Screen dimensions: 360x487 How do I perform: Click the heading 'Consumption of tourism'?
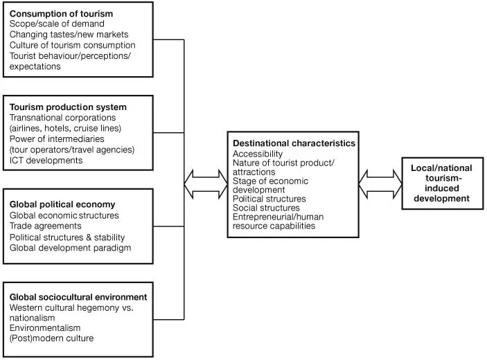tap(60, 13)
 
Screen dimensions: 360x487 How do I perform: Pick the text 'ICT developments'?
tap(46, 160)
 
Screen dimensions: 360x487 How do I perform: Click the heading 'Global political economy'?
tap(62, 205)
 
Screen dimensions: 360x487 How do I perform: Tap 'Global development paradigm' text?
tap(70, 248)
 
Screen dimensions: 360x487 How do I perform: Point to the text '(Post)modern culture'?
tap(51, 338)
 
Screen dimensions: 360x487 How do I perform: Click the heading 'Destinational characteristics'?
tap(294, 143)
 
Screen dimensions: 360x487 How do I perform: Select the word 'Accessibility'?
tap(258, 153)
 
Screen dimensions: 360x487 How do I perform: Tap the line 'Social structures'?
tap(266, 208)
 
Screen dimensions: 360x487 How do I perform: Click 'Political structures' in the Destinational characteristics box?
tap(269, 199)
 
